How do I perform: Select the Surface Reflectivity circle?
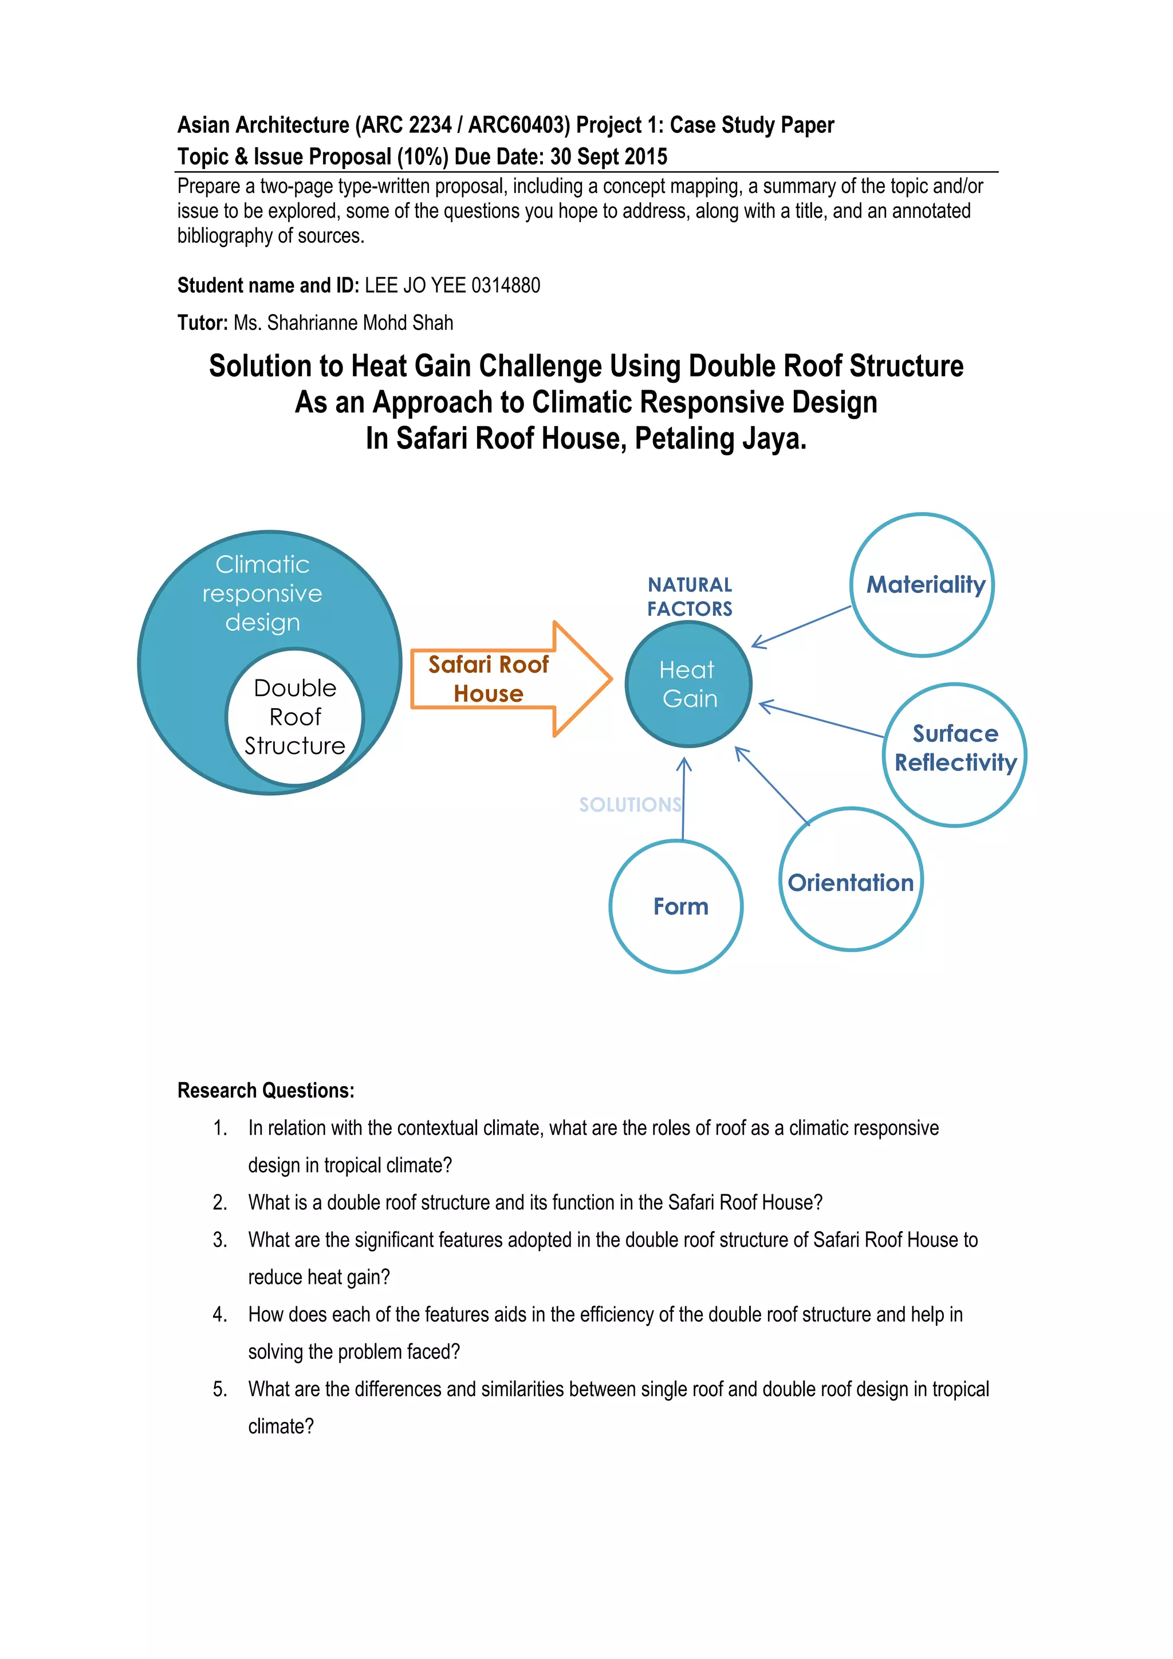tap(954, 754)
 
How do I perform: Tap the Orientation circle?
tap(851, 879)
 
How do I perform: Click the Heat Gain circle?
tap(688, 683)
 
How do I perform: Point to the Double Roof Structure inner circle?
tap(295, 716)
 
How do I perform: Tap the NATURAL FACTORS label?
tap(689, 597)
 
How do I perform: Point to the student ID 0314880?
tap(506, 285)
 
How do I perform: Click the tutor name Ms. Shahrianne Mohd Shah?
tap(343, 323)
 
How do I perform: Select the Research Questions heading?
tap(266, 1090)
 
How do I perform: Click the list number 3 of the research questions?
tap(219, 1240)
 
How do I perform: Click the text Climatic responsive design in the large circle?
tap(262, 593)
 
